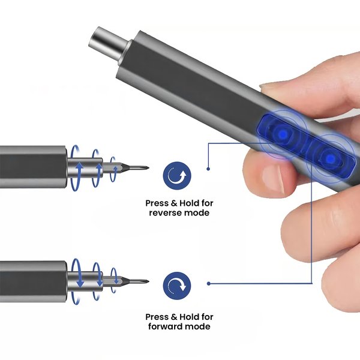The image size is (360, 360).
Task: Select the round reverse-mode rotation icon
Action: (177, 176)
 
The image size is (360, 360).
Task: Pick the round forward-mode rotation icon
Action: (177, 286)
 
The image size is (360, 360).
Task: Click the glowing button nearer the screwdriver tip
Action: (283, 134)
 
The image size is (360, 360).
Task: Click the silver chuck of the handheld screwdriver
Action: (108, 45)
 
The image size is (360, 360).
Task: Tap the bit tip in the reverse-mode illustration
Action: (148, 168)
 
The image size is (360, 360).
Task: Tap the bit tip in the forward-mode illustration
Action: (148, 281)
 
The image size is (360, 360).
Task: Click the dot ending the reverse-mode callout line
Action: (208, 169)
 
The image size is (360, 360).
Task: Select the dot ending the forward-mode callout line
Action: (208, 284)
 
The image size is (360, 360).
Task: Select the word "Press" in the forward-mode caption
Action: (157, 317)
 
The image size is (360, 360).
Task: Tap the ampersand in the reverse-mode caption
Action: (174, 203)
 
